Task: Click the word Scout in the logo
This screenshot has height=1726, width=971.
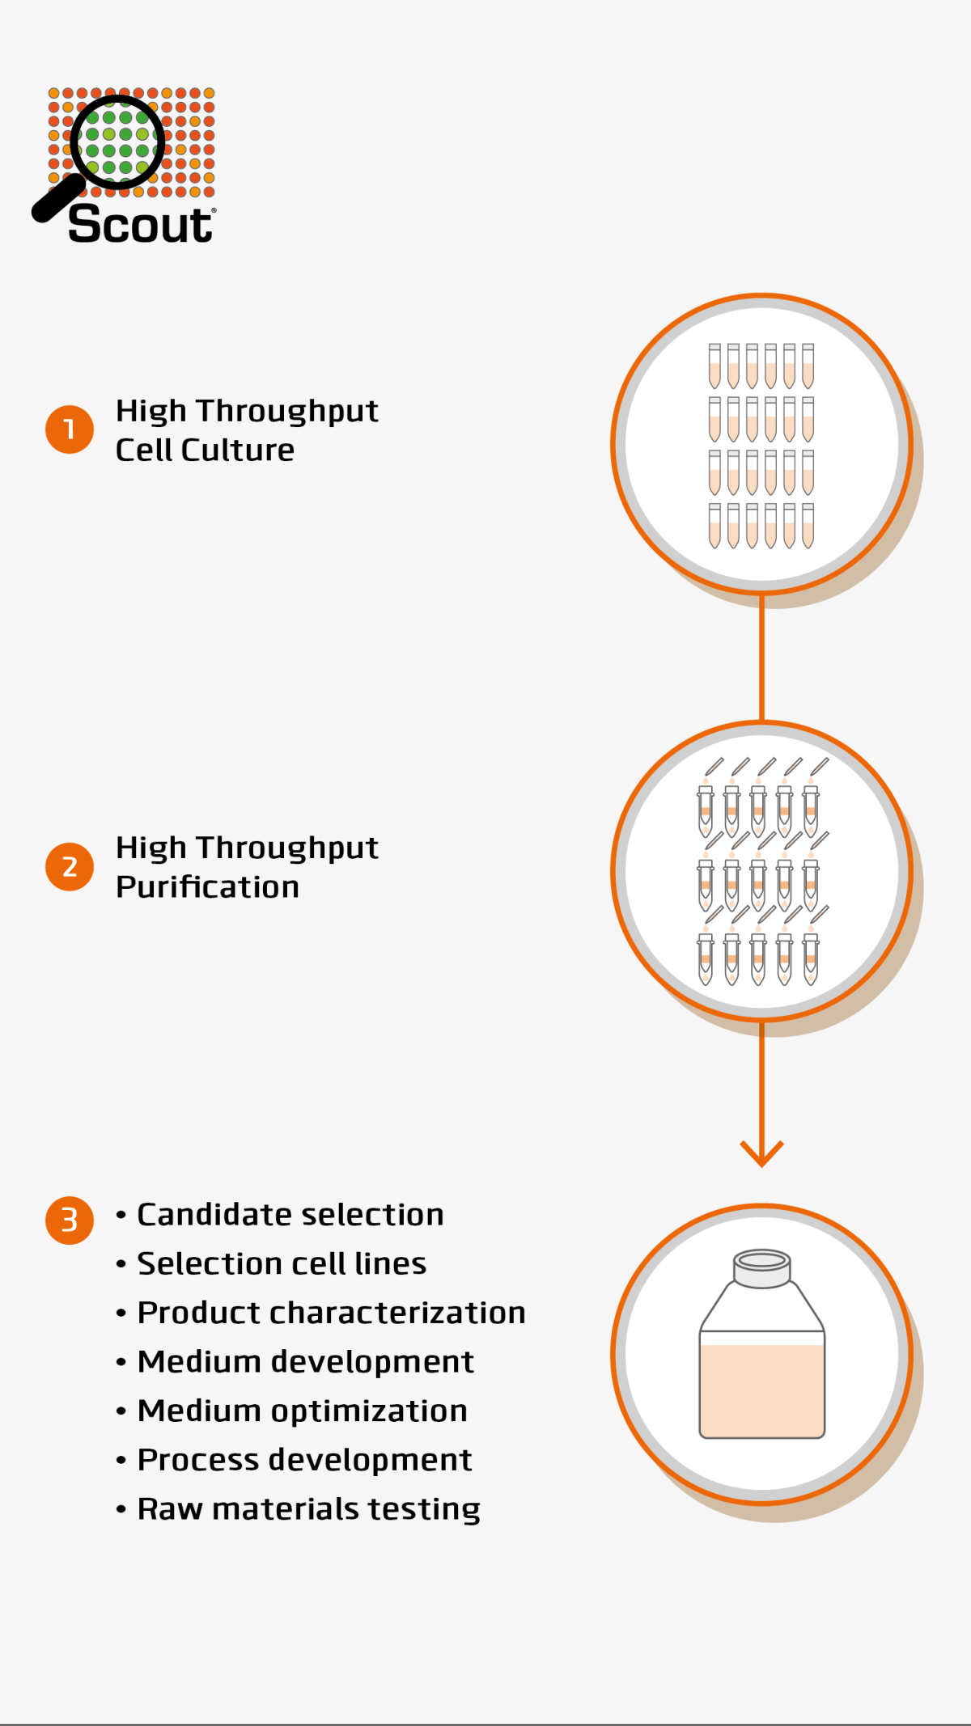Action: (x=140, y=224)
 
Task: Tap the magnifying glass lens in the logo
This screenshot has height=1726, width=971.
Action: (x=117, y=142)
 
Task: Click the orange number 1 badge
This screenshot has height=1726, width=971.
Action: (x=70, y=429)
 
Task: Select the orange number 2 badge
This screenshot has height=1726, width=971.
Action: (x=70, y=866)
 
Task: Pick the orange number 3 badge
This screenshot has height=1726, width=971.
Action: (x=70, y=1220)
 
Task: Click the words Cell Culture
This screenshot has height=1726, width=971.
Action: (x=205, y=451)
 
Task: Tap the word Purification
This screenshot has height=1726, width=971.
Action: (x=207, y=887)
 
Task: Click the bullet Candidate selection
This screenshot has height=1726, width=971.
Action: (x=290, y=1215)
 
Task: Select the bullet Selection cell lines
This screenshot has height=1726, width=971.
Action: (x=281, y=1264)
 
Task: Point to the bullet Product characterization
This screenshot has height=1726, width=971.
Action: (x=331, y=1313)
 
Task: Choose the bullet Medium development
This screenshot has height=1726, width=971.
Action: (x=305, y=1362)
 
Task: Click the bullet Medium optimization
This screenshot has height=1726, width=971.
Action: (x=302, y=1411)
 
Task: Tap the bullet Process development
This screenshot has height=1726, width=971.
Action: (x=304, y=1460)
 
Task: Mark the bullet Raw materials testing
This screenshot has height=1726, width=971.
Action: (x=308, y=1509)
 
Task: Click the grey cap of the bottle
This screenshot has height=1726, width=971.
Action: (x=761, y=1268)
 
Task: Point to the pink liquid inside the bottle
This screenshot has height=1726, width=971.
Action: (x=761, y=1390)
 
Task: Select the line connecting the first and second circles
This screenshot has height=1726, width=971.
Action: (x=761, y=657)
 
